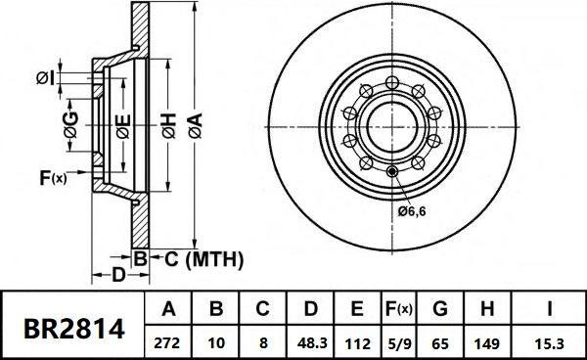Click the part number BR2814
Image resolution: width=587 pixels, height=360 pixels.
tap(73, 330)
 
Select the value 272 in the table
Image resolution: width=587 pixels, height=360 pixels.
tap(167, 343)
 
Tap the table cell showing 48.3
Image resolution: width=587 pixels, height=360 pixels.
tap(311, 343)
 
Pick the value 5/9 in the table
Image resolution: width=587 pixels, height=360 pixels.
tap(400, 343)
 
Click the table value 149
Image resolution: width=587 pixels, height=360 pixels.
tap(486, 343)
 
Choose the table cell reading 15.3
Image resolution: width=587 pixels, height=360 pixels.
tap(549, 343)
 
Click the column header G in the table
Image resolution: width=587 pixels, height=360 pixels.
tap(440, 309)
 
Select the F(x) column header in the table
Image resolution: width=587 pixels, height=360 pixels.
tap(399, 309)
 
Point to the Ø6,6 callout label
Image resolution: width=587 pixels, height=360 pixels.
tap(412, 211)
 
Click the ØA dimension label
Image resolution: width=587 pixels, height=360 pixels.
tap(195, 126)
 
